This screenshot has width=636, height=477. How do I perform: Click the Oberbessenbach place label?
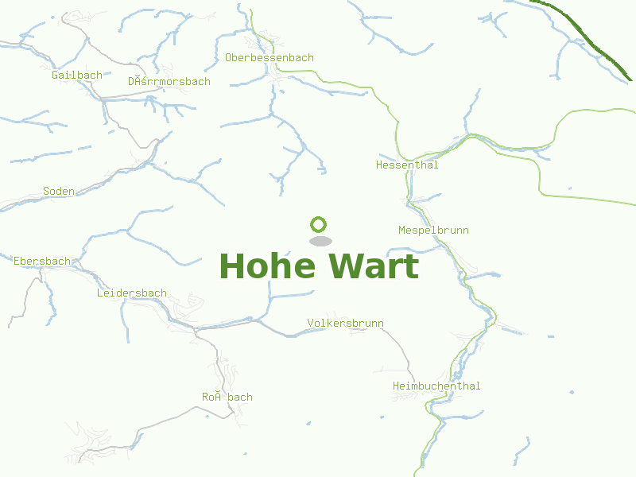[x=270, y=58]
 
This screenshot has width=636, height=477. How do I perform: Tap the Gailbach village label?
[x=77, y=76]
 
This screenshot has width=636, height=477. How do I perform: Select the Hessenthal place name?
[x=407, y=165]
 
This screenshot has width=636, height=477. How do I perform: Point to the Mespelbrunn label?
[x=433, y=231]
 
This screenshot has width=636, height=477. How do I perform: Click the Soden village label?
[x=59, y=192]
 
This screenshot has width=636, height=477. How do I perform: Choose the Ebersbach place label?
[x=42, y=261]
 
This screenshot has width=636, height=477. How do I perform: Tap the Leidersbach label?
[x=132, y=293]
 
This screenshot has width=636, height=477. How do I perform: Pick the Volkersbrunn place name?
[x=345, y=324]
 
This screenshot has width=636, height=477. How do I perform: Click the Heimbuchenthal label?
[x=436, y=386]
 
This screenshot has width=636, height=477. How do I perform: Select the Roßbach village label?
[x=227, y=397]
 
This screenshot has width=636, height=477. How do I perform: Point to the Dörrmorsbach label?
[x=169, y=82]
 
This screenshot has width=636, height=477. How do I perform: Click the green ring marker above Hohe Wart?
[x=319, y=224]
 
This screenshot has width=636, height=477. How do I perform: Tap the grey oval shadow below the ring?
[x=320, y=241]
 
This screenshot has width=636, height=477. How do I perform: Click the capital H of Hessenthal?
[x=379, y=165]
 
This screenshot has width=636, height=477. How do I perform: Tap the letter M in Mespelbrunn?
[x=401, y=231]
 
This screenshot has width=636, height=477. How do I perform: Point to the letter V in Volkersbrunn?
[x=310, y=324]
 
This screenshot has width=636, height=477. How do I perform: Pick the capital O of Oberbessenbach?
[x=228, y=58]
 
